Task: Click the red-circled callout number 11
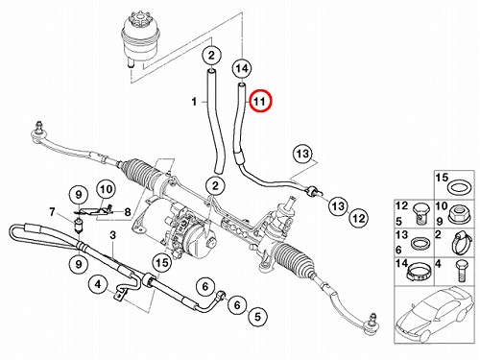tap(260, 101)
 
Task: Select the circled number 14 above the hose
tap(242, 68)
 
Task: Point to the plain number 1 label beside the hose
tap(194, 102)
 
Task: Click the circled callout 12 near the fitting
tap(358, 218)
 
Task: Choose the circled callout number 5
tap(257, 317)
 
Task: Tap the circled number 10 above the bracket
tap(107, 189)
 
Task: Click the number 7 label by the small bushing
tap(52, 212)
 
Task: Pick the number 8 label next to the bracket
tap(128, 212)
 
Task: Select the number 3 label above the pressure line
tap(112, 235)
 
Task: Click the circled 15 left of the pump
tap(162, 263)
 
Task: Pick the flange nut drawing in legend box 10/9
tap(460, 214)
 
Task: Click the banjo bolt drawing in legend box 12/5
tap(419, 214)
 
